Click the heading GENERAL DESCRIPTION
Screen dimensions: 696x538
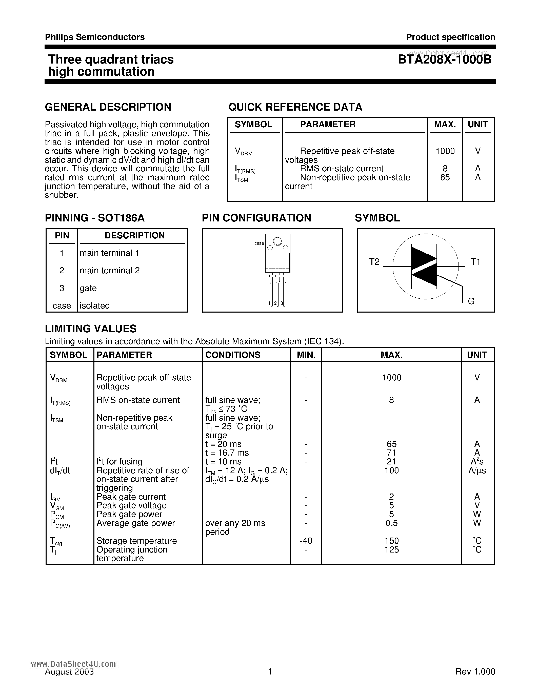point(108,107)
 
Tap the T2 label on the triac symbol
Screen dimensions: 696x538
point(374,262)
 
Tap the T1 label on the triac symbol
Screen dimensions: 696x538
point(475,262)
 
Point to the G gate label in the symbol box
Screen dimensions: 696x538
point(471,301)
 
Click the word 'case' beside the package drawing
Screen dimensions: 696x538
point(259,243)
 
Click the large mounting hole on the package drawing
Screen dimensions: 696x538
point(277,241)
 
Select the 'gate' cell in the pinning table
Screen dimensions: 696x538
point(88,288)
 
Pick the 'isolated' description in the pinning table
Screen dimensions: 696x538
point(94,306)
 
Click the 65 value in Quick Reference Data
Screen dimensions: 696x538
point(445,177)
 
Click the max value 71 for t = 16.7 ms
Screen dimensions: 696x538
point(391,453)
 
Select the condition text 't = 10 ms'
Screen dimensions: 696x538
point(223,462)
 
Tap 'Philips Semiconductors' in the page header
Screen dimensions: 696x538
point(95,37)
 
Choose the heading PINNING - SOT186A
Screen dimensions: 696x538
point(95,218)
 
